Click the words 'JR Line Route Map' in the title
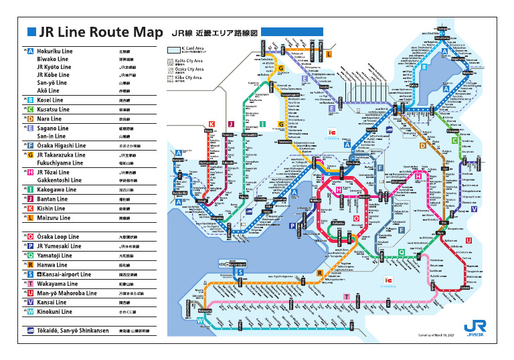click(x=100, y=32)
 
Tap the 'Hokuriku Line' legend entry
click(x=55, y=51)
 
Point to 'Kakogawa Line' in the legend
click(x=57, y=189)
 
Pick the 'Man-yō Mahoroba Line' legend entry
click(x=67, y=293)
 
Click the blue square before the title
click(x=31, y=31)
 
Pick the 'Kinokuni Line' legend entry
click(x=56, y=312)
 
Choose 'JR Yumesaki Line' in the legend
click(x=59, y=246)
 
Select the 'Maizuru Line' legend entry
click(x=54, y=217)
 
